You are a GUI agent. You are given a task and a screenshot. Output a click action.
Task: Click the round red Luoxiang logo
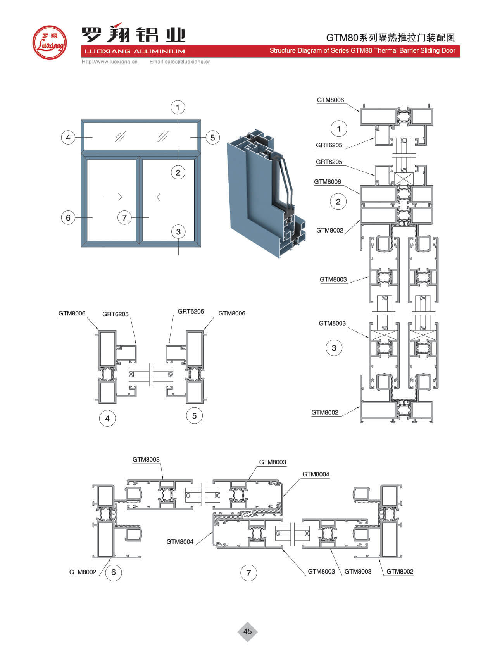(49, 43)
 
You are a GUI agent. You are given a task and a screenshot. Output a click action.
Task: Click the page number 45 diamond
(247, 631)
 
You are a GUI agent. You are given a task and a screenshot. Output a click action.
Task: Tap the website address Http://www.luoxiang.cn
(110, 62)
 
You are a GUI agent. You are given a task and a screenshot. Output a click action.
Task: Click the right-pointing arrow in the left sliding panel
(113, 197)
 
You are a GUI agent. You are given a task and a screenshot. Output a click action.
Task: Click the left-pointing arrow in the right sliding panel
(165, 197)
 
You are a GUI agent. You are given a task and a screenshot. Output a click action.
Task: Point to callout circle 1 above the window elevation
(178, 107)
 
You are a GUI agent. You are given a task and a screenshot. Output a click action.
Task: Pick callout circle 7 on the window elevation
(124, 217)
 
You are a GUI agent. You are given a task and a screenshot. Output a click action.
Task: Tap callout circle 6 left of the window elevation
(68, 217)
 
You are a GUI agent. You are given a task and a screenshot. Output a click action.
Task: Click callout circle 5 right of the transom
(212, 137)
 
